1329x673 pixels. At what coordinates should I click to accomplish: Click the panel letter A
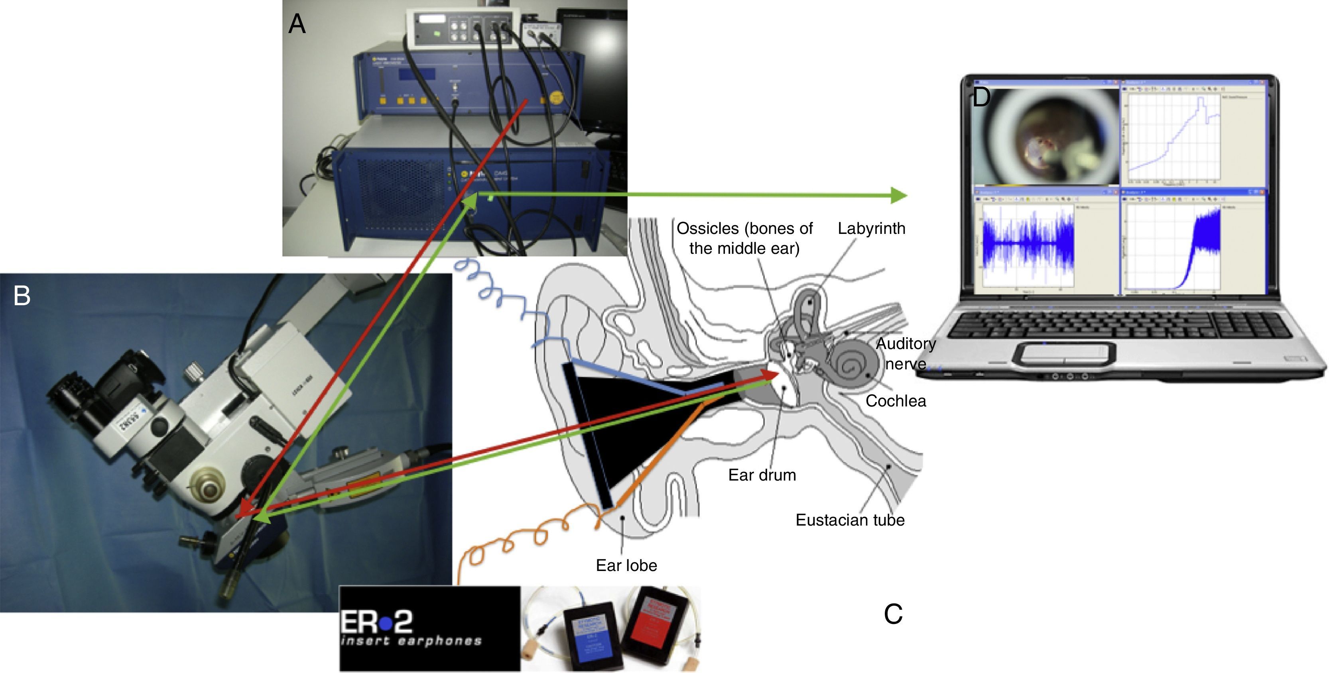[x=297, y=24]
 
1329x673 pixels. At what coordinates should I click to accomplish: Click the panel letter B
[x=22, y=296]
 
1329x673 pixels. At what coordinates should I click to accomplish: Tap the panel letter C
[x=893, y=614]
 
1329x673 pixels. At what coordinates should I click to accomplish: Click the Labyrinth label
[x=871, y=228]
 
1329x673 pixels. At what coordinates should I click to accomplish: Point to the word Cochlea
[x=896, y=401]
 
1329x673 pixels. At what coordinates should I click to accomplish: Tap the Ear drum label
[x=762, y=475]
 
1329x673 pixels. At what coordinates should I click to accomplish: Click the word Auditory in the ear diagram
[x=906, y=343]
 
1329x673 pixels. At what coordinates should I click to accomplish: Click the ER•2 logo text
[x=377, y=622]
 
